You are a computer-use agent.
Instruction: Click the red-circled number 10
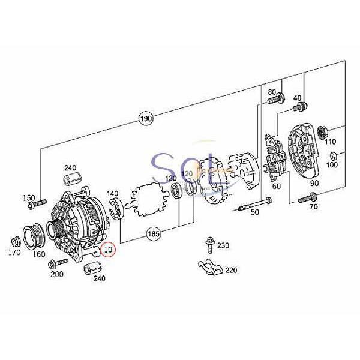(x=109, y=248)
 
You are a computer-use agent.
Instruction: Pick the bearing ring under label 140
(x=116, y=209)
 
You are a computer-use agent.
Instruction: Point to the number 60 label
(x=277, y=187)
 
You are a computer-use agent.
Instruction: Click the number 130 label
(x=170, y=179)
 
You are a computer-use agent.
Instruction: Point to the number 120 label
(x=187, y=173)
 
